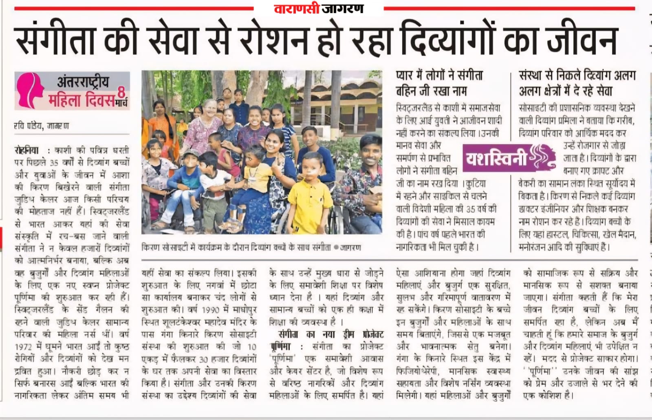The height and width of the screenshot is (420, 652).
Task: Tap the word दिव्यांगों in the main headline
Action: pyautogui.click(x=448, y=40)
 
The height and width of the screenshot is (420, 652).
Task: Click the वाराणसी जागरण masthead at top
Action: pyautogui.click(x=318, y=8)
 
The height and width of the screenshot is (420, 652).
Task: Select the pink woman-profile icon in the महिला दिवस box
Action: pyautogui.click(x=30, y=90)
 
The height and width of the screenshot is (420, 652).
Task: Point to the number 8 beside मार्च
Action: pyautogui.click(x=121, y=93)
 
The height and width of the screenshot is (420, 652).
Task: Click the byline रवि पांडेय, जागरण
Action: pyautogui.click(x=41, y=126)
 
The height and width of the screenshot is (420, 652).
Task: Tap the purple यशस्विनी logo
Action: pyautogui.click(x=510, y=158)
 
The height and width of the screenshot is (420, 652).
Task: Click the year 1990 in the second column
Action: pyautogui.click(x=211, y=310)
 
